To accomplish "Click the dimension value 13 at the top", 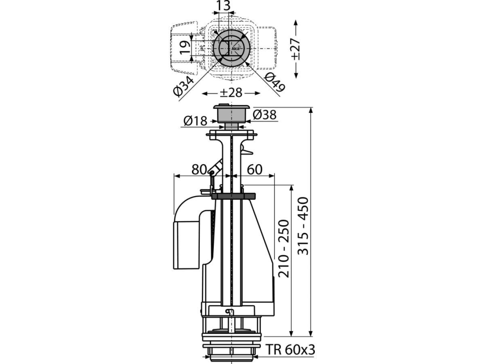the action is (x=223, y=6).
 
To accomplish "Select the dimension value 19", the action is (x=185, y=48).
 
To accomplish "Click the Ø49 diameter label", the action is (x=275, y=82).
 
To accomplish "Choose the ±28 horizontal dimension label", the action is (x=231, y=93).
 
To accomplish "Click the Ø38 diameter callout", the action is (x=264, y=115).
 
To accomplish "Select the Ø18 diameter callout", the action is (x=195, y=121).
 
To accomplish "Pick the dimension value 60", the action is (x=255, y=170).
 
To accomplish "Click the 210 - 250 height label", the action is (x=283, y=249).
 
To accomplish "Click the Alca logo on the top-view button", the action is (x=235, y=49).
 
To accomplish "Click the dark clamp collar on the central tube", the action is (x=233, y=196).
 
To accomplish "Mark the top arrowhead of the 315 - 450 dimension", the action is (x=311, y=110).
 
